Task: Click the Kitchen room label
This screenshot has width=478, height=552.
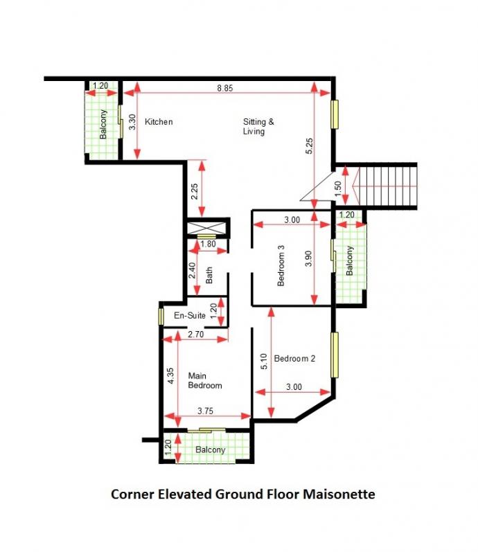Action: pyautogui.click(x=159, y=122)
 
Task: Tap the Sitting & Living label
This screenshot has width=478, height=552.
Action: pyautogui.click(x=258, y=126)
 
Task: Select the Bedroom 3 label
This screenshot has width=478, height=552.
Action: pyautogui.click(x=281, y=265)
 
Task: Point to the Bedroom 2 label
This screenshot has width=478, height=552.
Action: pyautogui.click(x=294, y=358)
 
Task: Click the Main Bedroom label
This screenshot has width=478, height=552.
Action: pyautogui.click(x=205, y=380)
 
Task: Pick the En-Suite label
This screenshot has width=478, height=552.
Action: pyautogui.click(x=190, y=315)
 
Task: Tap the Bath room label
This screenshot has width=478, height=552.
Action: pyautogui.click(x=209, y=275)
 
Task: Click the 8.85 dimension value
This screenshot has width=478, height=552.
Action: pyautogui.click(x=224, y=88)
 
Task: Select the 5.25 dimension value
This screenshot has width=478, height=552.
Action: pyautogui.click(x=309, y=146)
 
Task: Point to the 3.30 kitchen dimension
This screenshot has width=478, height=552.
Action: pyautogui.click(x=132, y=122)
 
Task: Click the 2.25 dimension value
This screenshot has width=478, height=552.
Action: pyautogui.click(x=194, y=192)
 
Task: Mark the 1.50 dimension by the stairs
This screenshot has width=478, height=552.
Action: pyautogui.click(x=338, y=188)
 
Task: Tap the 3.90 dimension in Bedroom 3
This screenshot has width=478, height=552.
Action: pyautogui.click(x=308, y=258)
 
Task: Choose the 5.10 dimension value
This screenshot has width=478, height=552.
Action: pyautogui.click(x=264, y=362)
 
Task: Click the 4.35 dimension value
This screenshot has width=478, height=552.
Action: pyautogui.click(x=170, y=376)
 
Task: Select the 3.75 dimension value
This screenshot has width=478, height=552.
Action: pyautogui.click(x=205, y=411)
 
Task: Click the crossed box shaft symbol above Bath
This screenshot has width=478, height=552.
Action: pyautogui.click(x=206, y=227)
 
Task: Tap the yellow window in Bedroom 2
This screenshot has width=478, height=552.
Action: pyautogui.click(x=335, y=355)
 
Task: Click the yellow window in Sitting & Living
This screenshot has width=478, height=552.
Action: pyautogui.click(x=335, y=114)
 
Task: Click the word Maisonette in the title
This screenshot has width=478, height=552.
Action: pyautogui.click(x=339, y=494)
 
